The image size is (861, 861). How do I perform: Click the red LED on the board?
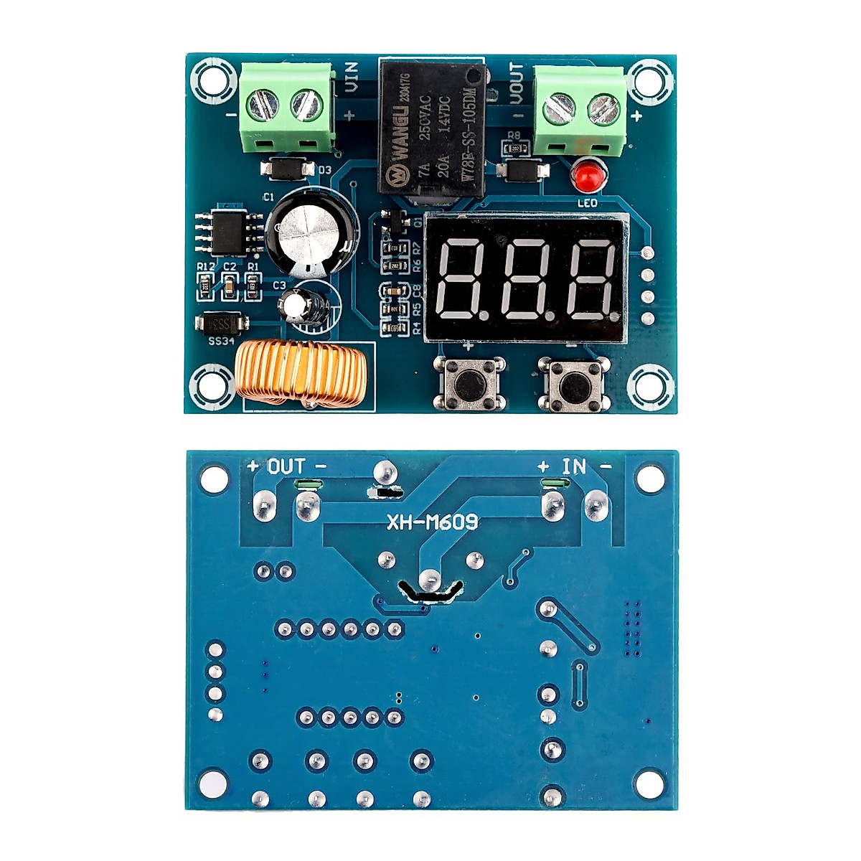tap(586, 176)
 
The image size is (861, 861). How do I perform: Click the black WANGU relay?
tap(431, 129)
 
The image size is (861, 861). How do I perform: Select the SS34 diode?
tap(222, 324)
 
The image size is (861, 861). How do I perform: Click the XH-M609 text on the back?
tap(432, 522)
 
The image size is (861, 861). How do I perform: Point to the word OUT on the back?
tap(286, 467)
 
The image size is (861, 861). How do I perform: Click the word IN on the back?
tap(574, 467)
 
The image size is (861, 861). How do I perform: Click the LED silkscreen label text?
tap(587, 203)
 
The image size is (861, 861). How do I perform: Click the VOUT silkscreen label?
tap(515, 83)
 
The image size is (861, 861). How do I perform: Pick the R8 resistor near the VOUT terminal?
tap(514, 149)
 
